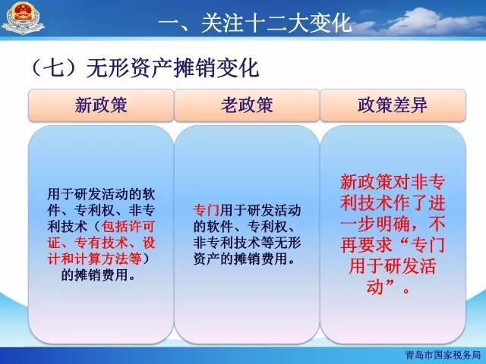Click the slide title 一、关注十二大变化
click(x=255, y=23)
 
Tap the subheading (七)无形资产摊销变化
click(x=145, y=67)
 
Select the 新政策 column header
click(x=101, y=105)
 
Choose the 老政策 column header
click(x=247, y=105)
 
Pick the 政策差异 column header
click(x=393, y=105)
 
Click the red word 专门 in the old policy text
click(x=207, y=211)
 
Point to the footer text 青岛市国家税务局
click(x=443, y=355)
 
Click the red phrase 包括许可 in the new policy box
click(x=128, y=227)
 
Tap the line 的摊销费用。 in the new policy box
click(x=98, y=275)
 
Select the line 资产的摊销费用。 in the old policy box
click(x=245, y=259)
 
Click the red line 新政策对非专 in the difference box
click(x=393, y=182)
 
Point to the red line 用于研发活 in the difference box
click(x=393, y=266)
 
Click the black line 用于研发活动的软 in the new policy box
click(x=101, y=194)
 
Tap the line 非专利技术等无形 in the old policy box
click(x=247, y=243)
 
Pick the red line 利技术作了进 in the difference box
click(x=393, y=203)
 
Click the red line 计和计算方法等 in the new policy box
click(x=94, y=259)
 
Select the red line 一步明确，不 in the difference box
click(x=393, y=224)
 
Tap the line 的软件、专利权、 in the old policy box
click(x=245, y=227)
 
